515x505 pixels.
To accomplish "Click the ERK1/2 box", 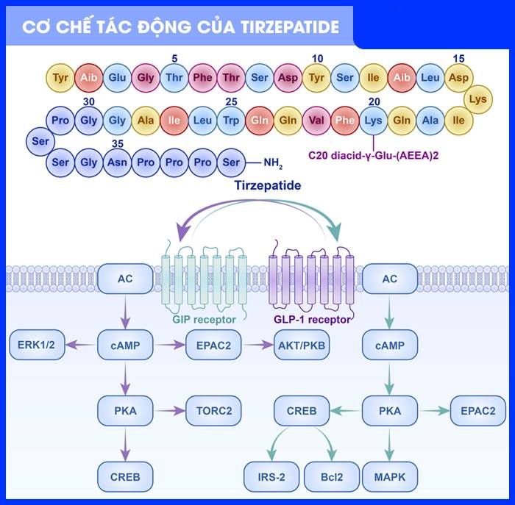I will tap(37, 344).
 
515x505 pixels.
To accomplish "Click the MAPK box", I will tap(390, 476).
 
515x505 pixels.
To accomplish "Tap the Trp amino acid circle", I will tap(231, 121).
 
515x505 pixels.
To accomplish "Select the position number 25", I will tap(231, 101).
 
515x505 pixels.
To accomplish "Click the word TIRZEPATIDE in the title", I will tap(291, 27).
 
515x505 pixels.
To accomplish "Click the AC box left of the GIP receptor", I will tap(125, 279).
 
